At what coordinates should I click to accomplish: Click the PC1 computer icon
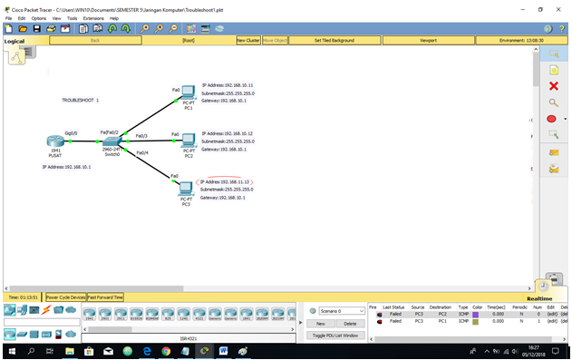pyautogui.click(x=188, y=92)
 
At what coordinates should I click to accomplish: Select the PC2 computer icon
pyautogui.click(x=189, y=141)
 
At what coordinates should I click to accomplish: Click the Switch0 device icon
pyautogui.click(x=111, y=143)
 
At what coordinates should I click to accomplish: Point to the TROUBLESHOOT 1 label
pyautogui.click(x=80, y=100)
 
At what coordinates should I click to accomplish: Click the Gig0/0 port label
pyautogui.click(x=71, y=132)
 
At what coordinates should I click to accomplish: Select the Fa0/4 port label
pyautogui.click(x=142, y=152)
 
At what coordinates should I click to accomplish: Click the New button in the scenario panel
pyautogui.click(x=320, y=323)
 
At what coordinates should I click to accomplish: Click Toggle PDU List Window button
pyautogui.click(x=335, y=336)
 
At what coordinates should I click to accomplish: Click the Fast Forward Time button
pyautogui.click(x=105, y=297)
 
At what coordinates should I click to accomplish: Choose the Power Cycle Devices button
pyautogui.click(x=65, y=297)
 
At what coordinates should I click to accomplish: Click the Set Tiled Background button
pyautogui.click(x=334, y=41)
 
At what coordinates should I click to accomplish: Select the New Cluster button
pyautogui.click(x=247, y=41)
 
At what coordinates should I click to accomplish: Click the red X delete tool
pyautogui.click(x=553, y=86)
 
